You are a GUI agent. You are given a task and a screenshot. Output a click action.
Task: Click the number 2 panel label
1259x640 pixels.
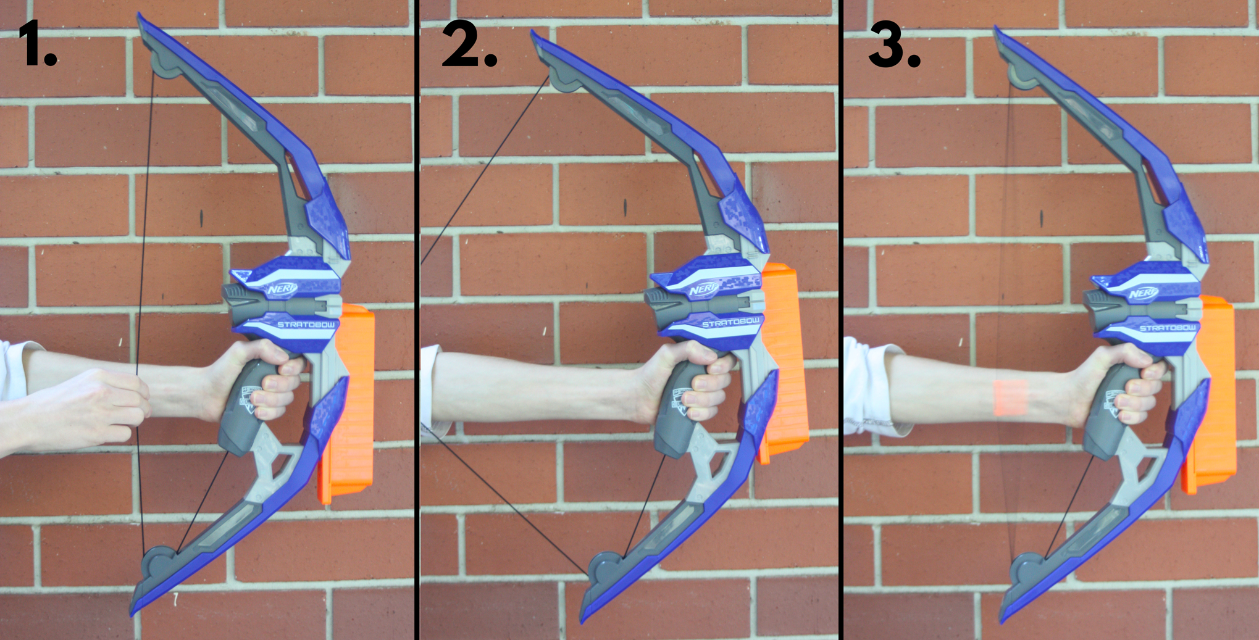click(x=469, y=44)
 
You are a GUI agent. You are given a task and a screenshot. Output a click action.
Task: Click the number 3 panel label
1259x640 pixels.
click(x=894, y=44)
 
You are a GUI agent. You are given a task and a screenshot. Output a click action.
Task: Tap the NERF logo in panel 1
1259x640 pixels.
click(x=283, y=289)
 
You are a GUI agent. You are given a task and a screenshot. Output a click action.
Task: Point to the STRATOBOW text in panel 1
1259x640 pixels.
click(x=306, y=324)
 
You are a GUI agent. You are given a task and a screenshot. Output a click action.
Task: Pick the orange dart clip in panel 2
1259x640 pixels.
click(x=784, y=364)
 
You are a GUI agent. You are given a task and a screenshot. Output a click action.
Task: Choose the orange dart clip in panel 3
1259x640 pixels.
click(x=1209, y=395)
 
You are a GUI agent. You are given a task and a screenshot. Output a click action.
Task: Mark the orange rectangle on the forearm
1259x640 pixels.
click(x=1011, y=398)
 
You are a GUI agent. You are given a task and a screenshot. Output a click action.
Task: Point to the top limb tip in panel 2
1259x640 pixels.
click(x=535, y=36)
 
